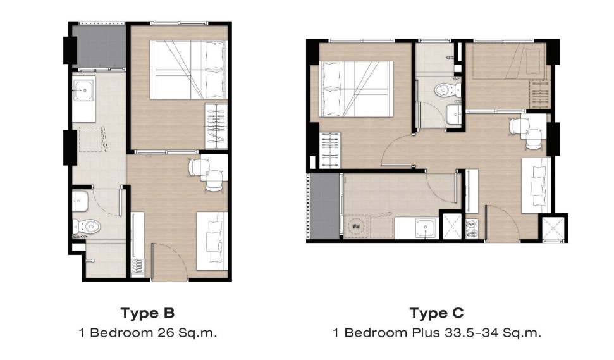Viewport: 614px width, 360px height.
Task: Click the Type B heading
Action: pos(147,313)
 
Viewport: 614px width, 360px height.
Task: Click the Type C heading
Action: pos(436,313)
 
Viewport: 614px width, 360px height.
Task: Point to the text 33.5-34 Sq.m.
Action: pos(493,333)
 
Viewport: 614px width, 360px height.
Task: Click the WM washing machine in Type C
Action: pos(356,227)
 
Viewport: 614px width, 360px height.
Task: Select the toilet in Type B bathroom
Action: pos(87,227)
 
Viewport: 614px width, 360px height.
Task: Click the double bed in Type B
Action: pos(188,70)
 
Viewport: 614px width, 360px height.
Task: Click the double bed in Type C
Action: pos(357,89)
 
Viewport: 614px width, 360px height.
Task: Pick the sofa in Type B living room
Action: pos(212,241)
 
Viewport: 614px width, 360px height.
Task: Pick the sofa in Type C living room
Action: pos(536,185)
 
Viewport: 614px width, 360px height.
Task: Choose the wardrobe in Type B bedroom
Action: pos(216,126)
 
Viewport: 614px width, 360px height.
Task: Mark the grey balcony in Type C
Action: pos(324,206)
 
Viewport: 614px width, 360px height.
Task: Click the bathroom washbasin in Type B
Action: pos(80,201)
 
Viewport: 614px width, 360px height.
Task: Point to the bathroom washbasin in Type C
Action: pos(454,115)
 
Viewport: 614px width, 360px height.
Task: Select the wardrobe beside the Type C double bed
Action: pos(330,151)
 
